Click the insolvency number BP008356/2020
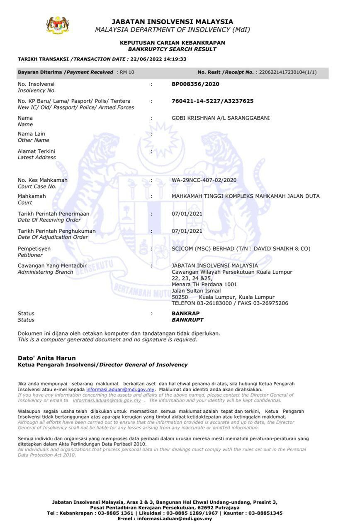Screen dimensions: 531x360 click(x=195, y=84)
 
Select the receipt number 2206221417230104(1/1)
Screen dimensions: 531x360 click(x=288, y=72)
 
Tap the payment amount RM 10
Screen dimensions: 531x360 click(x=127, y=72)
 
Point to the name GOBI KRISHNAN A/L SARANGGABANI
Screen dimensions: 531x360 click(x=221, y=118)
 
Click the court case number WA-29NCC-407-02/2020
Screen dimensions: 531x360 click(x=204, y=180)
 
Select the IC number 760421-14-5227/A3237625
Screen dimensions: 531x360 click(x=212, y=101)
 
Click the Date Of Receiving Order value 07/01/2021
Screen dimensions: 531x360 click(x=187, y=214)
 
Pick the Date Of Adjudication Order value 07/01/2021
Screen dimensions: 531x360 click(x=187, y=231)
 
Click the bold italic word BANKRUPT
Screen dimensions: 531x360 click(x=187, y=320)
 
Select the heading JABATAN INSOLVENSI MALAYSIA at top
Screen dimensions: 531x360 click(x=172, y=22)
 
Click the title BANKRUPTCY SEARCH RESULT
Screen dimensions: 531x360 click(x=172, y=49)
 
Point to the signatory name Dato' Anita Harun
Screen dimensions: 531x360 click(x=46, y=358)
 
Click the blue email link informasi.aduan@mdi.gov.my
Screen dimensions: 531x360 click(x=120, y=390)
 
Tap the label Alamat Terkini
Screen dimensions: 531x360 click(x=36, y=151)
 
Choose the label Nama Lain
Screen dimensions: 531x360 click(x=32, y=134)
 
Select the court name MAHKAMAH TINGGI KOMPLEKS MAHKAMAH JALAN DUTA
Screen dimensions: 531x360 click(x=246, y=196)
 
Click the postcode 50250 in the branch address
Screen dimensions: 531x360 click(x=180, y=297)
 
